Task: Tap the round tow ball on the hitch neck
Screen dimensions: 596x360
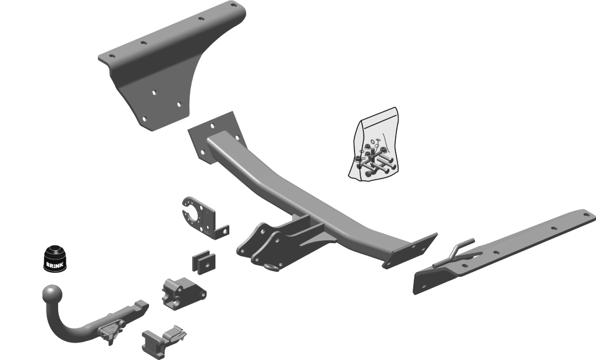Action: click(x=52, y=294)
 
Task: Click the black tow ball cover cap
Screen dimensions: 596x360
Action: click(x=54, y=258)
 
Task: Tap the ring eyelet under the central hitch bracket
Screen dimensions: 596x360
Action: click(x=272, y=268)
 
